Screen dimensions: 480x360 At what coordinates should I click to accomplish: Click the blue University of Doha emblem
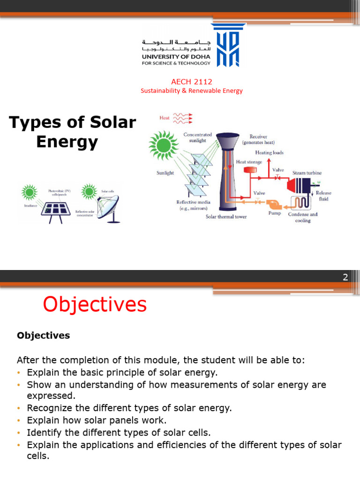coord(228,45)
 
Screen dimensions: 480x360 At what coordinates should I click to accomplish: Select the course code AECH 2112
coord(192,82)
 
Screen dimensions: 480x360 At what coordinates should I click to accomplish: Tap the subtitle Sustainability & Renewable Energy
coord(192,91)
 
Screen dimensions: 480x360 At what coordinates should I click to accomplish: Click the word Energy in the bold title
coord(67,142)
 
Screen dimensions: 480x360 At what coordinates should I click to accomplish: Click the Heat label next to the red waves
coord(165,118)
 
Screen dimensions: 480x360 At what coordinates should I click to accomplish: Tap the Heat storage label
coord(249,162)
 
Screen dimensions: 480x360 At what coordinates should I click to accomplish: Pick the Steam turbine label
coord(307,173)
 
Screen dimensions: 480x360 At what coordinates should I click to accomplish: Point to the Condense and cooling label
coord(302,217)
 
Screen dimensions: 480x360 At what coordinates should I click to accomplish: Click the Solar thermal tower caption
coord(226,217)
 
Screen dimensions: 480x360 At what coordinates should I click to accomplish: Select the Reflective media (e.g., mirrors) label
coord(193,205)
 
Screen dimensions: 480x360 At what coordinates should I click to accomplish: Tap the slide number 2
coord(345,277)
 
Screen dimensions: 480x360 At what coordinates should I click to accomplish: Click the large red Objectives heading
coord(95,305)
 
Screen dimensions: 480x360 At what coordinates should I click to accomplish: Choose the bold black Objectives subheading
coord(43,336)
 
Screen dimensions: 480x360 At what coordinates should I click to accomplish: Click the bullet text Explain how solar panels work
coord(97,420)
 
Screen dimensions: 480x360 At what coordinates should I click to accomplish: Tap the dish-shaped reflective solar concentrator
coord(108,206)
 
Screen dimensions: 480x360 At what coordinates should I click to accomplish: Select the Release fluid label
coord(323,195)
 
